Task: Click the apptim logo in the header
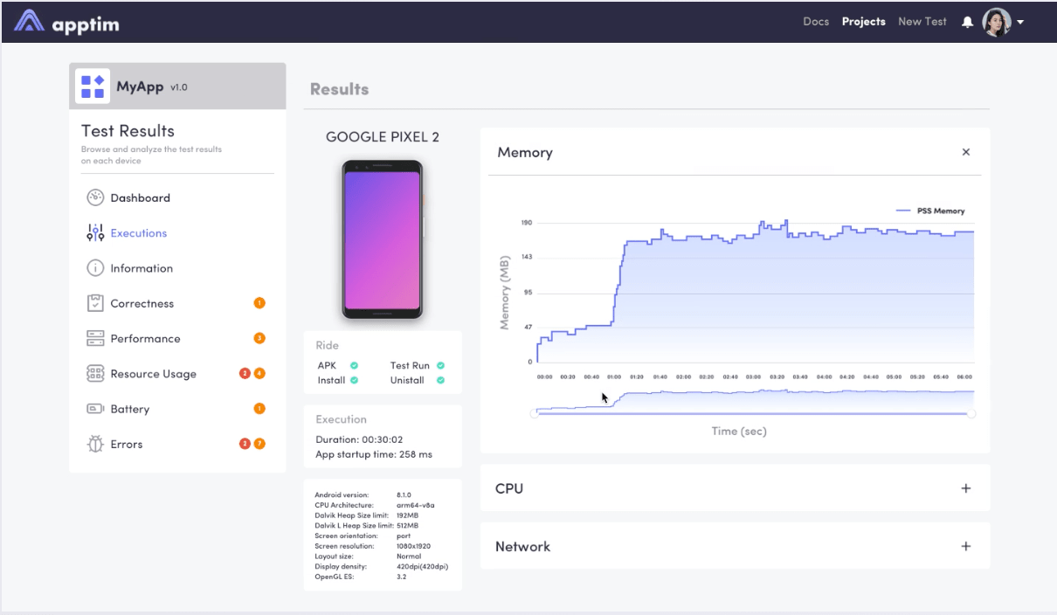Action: pos(67,22)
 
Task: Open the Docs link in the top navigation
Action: pos(816,22)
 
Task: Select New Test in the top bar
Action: pos(922,22)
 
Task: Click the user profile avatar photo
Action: pos(997,22)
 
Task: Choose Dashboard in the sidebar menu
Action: pos(140,198)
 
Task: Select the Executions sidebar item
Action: pos(138,233)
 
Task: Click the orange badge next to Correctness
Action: pos(259,303)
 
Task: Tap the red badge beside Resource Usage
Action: pos(245,374)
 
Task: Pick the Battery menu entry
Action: pos(129,409)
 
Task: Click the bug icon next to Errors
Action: pos(95,444)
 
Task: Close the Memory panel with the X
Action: pos(965,152)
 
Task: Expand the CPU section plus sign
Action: pos(965,488)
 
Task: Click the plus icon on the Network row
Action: pos(965,546)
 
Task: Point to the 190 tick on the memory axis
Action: pos(527,223)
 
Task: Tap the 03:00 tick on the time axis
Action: pos(753,377)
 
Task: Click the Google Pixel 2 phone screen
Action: pos(382,240)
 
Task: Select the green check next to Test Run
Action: pos(440,365)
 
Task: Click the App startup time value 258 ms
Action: pos(414,454)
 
